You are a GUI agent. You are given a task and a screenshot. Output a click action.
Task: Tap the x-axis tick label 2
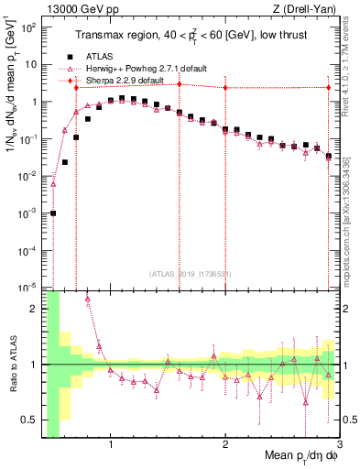tap(225, 446)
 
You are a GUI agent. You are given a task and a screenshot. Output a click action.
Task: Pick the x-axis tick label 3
tap(338, 446)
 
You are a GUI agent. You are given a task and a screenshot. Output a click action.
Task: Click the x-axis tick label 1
tap(111, 446)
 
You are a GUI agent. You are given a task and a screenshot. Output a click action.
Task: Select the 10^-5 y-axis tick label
tap(28, 288)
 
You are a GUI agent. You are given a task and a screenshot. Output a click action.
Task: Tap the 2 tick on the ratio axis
tap(34, 309)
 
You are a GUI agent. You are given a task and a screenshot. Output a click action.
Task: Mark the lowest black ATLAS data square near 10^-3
tap(53, 213)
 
